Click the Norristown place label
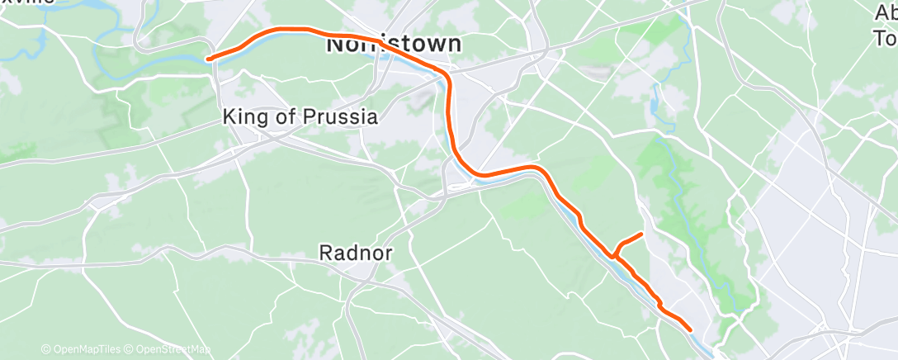pos(393,44)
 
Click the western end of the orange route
pos(209,59)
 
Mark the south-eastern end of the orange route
pos(689,329)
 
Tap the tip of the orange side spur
pos(641,235)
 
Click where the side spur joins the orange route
pos(613,255)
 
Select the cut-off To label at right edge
pos(885,38)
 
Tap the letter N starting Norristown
pos(335,45)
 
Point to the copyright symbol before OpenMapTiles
pos(45,350)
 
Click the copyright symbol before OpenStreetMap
pos(130,350)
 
